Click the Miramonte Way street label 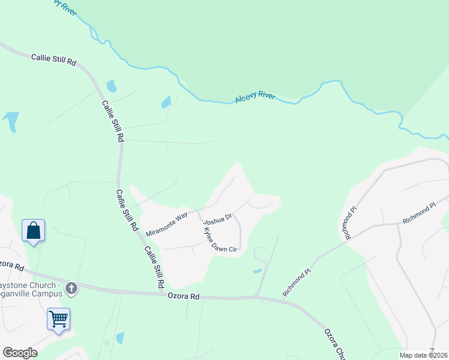167,223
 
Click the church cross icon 71,289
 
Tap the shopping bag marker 34,231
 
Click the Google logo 20,353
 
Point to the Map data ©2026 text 424,355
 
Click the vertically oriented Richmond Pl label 349,223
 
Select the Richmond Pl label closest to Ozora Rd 297,282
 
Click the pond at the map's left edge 10,121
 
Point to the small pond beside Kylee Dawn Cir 258,271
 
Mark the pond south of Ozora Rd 120,338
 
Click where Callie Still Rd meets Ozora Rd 164,293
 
